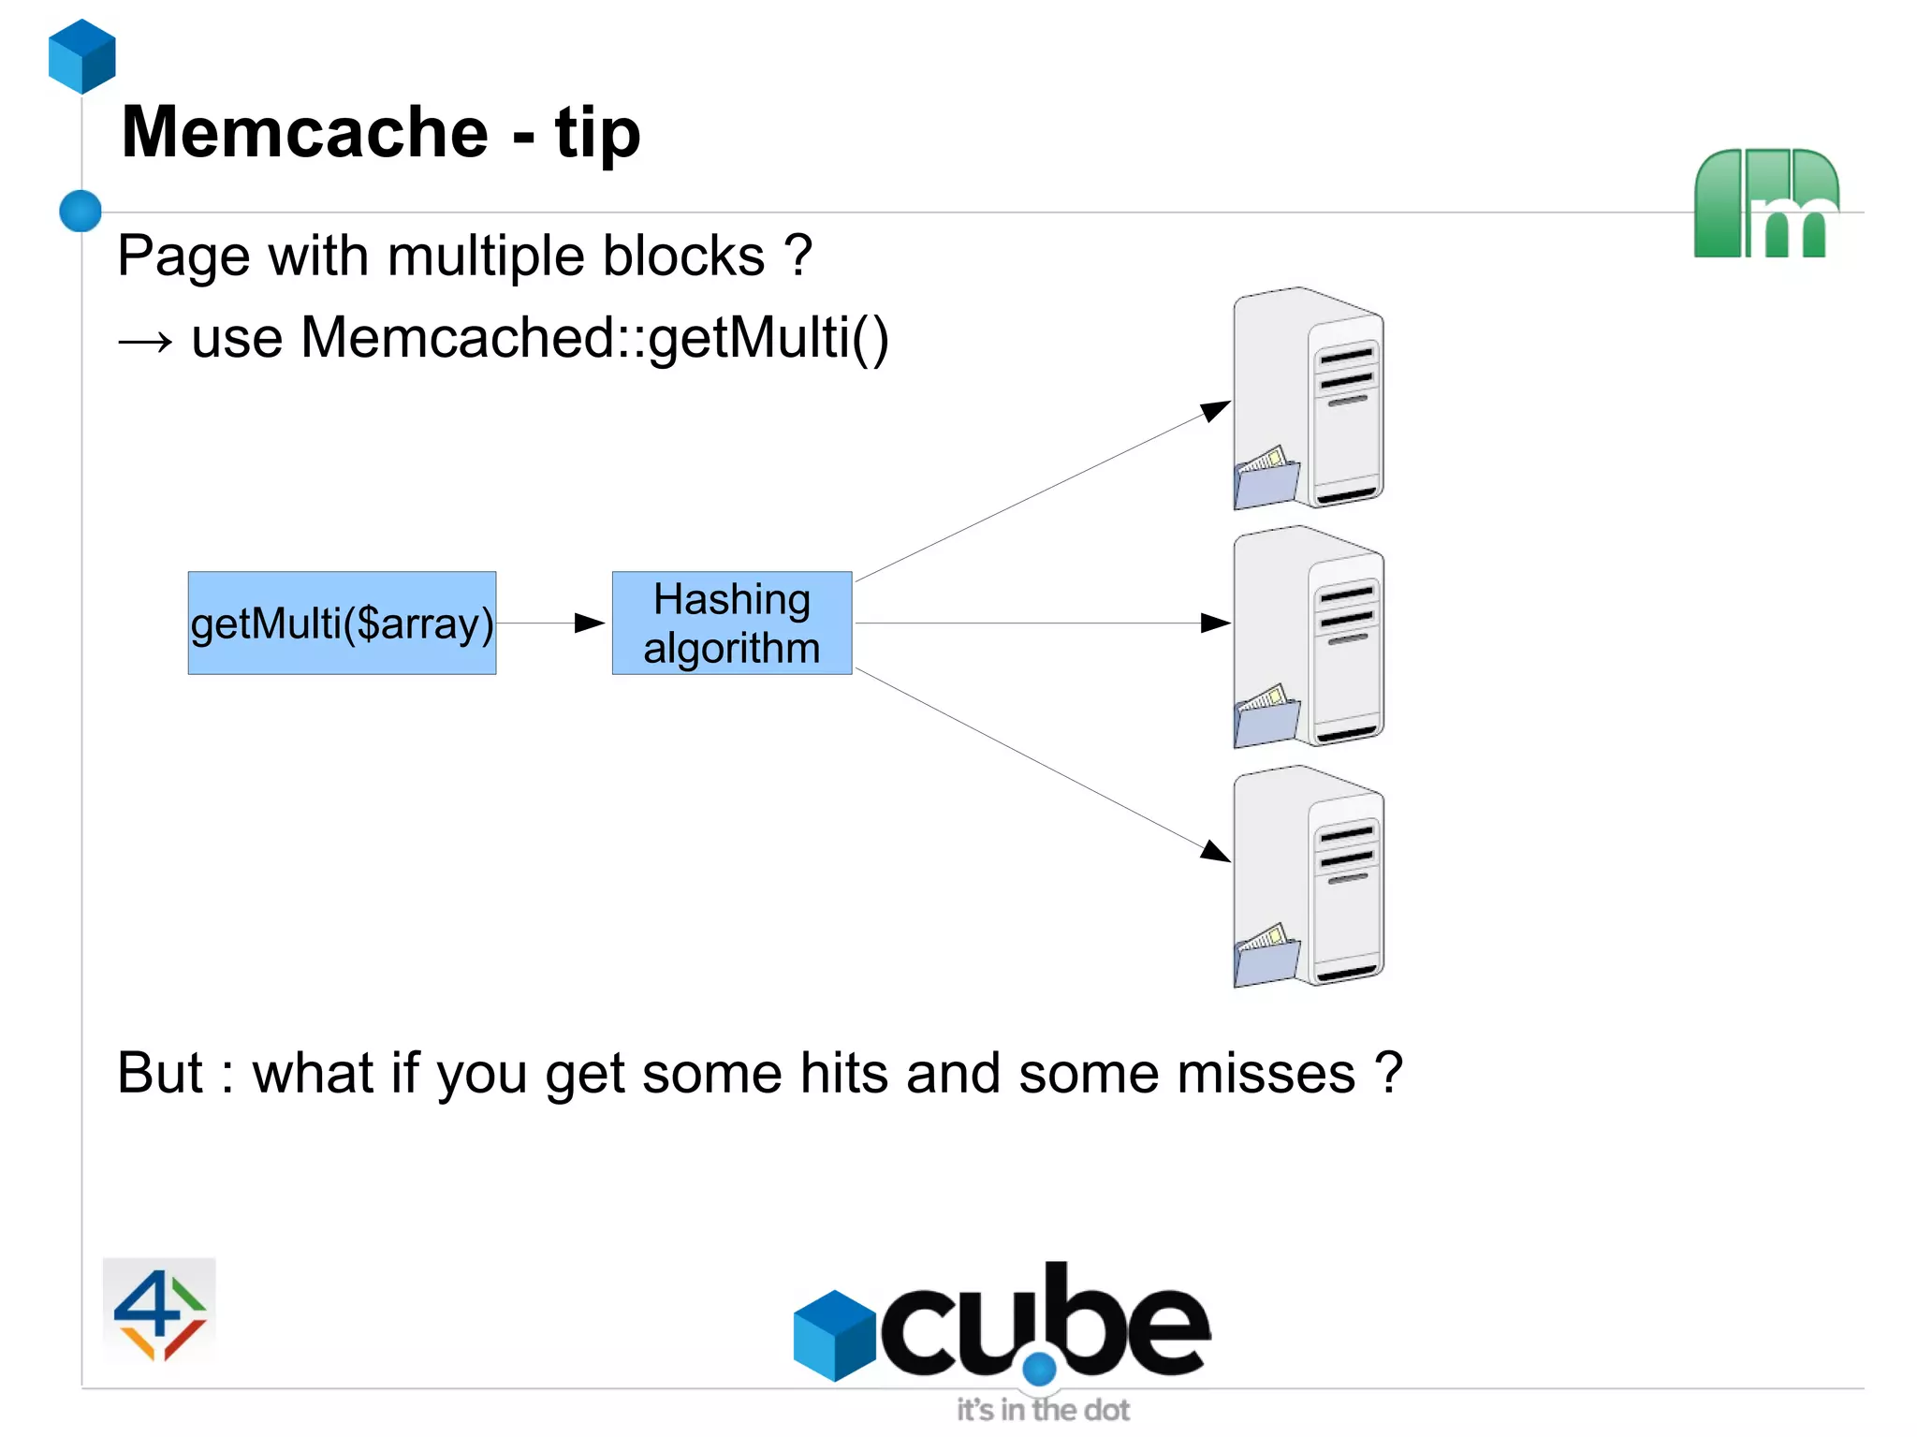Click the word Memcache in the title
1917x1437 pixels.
(304, 132)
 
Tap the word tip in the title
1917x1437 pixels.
(597, 134)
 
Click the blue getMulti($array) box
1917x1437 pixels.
(342, 623)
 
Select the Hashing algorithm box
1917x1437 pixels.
(731, 623)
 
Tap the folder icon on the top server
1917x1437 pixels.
(1266, 477)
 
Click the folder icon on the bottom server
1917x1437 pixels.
(1266, 955)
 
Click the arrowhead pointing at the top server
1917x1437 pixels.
(1214, 410)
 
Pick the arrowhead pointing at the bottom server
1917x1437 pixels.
(1214, 850)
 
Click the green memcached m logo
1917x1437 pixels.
(1765, 204)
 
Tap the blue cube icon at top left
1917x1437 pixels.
(82, 56)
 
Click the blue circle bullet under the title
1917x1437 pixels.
(80, 211)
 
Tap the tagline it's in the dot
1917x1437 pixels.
(1042, 1409)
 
